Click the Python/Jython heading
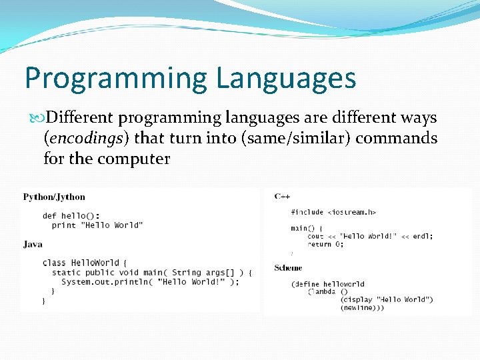[54, 197]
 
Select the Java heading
[33, 244]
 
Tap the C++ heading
[282, 197]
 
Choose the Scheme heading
[288, 268]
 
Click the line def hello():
[71, 215]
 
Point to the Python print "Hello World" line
[97, 225]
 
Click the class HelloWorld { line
[85, 263]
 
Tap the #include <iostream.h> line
[333, 212]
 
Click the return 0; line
[325, 244]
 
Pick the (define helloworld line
[327, 284]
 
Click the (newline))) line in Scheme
[362, 307]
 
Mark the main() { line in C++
[306, 228]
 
